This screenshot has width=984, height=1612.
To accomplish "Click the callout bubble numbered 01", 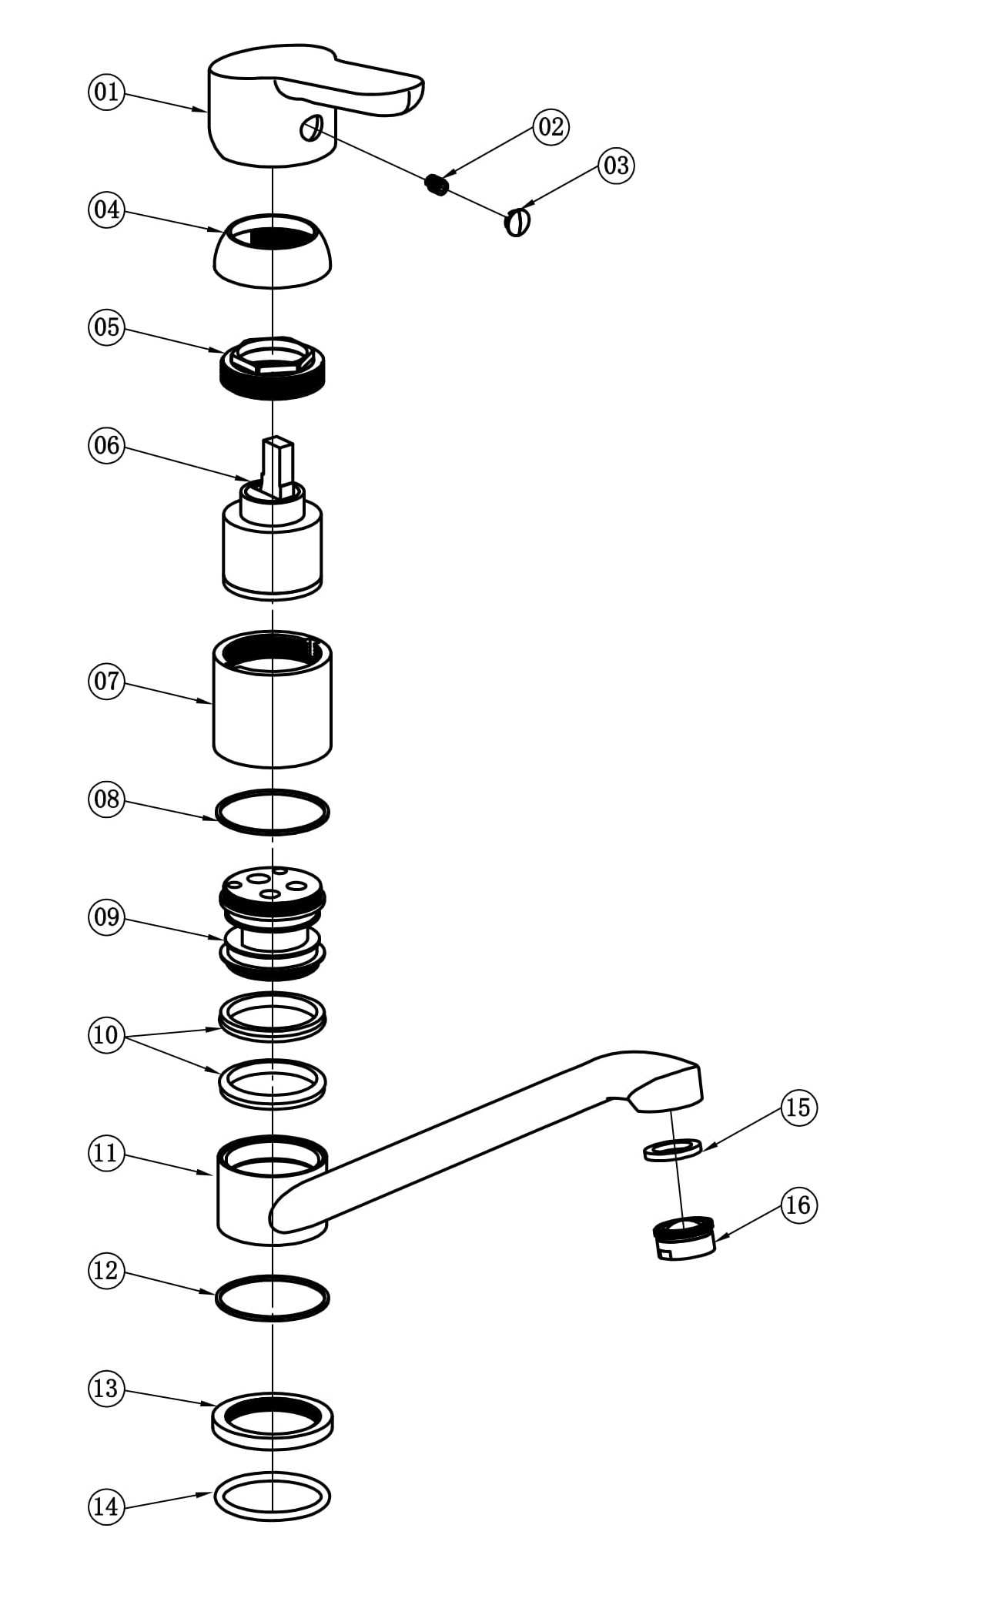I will pos(106,92).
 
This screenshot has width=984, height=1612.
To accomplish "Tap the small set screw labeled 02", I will pos(437,184).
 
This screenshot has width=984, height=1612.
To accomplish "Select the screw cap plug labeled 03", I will pos(517,223).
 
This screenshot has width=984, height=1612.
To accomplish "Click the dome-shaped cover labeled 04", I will pos(272,262).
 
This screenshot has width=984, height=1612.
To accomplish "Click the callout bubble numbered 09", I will pos(106,917).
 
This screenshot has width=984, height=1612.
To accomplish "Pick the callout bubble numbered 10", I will pos(106,1034).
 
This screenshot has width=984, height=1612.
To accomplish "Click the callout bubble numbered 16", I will pos(798,1205).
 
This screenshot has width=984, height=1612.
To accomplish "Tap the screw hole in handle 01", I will pos(310,128).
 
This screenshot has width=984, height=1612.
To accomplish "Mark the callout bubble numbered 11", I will pos(106,1153).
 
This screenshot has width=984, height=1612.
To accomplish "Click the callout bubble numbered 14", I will pos(106,1506).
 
